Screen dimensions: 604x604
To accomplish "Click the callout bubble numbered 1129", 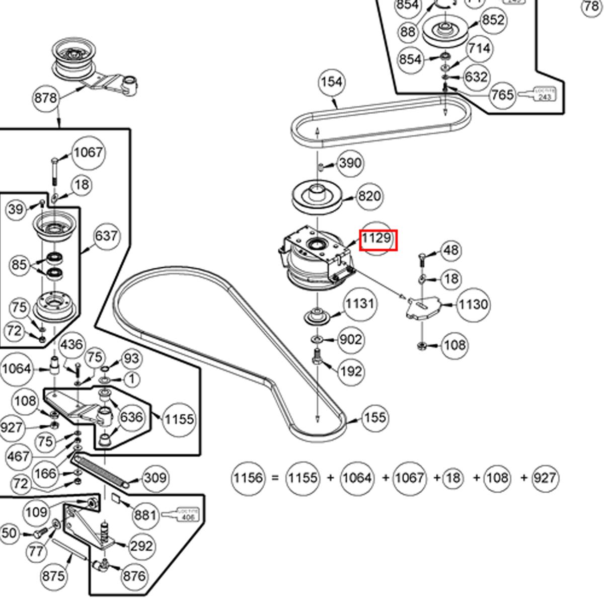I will point(377,238).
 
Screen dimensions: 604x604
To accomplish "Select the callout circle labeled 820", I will point(369,196).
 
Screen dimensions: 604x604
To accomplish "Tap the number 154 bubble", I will point(332,82).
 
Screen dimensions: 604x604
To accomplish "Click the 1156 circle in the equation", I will point(248,477).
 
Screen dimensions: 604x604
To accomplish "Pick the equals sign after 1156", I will point(275,477).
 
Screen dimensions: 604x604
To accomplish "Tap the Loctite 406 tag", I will point(189,514).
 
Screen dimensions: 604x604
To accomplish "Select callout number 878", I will point(46,98).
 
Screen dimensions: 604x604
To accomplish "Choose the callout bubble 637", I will point(106,236).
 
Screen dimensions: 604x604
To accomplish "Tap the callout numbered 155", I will point(375,417).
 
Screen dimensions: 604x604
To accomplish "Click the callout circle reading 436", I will point(71,345).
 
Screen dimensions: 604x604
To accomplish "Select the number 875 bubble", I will point(53,575).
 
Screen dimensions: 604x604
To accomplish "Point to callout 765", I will point(502,95).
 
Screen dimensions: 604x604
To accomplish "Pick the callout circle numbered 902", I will point(350,340).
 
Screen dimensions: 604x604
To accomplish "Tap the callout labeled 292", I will point(141,546).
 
